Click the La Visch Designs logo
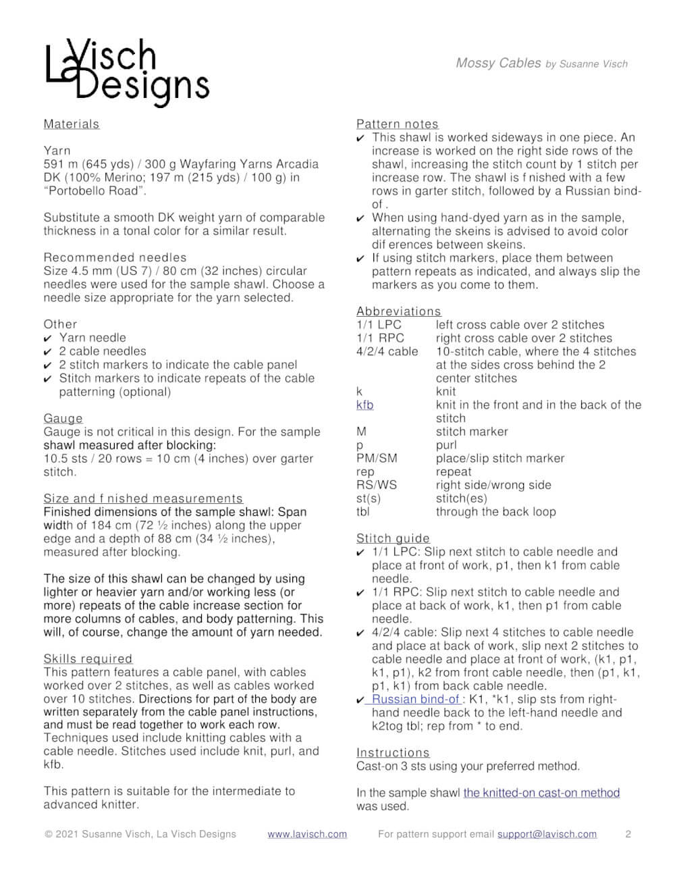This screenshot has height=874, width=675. click(127, 72)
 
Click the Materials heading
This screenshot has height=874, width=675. click(71, 124)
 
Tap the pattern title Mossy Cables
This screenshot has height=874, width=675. click(498, 63)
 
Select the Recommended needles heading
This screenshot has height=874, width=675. click(115, 257)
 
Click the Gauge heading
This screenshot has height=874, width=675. click(63, 418)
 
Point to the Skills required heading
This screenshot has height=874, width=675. click(88, 659)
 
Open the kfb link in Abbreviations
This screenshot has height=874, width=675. click(364, 405)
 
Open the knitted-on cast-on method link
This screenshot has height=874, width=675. click(541, 792)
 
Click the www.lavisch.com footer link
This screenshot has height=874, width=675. click(307, 834)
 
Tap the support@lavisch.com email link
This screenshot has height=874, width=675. click(547, 834)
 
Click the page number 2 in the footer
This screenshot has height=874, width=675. click(628, 834)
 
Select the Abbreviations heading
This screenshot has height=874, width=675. click(398, 311)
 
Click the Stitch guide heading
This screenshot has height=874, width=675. click(393, 538)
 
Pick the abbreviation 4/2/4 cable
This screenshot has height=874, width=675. click(387, 351)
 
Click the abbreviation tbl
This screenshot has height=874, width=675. click(363, 511)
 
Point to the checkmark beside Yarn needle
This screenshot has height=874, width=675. click(47, 338)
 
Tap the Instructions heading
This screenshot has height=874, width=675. click(393, 752)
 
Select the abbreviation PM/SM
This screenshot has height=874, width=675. click(377, 458)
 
